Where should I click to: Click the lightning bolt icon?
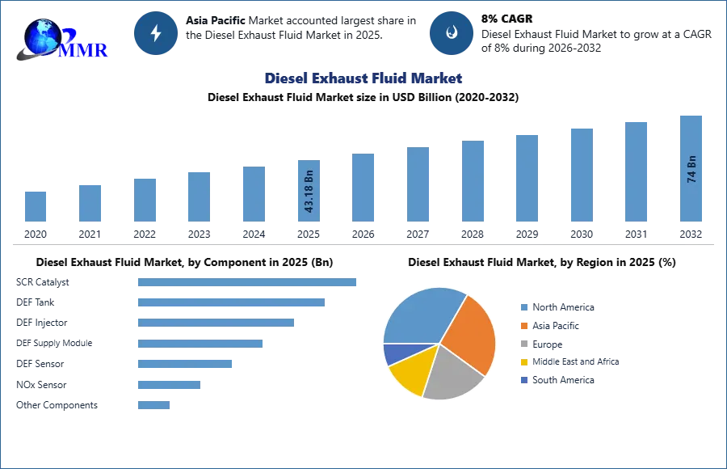157,32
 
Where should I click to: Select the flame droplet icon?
452,32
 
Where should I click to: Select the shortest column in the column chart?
36,207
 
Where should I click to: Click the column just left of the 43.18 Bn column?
252,194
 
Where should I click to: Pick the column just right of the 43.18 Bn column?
362,188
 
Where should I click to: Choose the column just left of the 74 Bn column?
637,171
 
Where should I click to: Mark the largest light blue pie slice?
420,315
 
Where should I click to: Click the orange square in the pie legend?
523,325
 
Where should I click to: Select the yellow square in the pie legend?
523,362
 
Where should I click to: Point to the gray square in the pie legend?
523,344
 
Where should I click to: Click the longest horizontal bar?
248,284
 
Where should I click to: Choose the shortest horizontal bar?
154,407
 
